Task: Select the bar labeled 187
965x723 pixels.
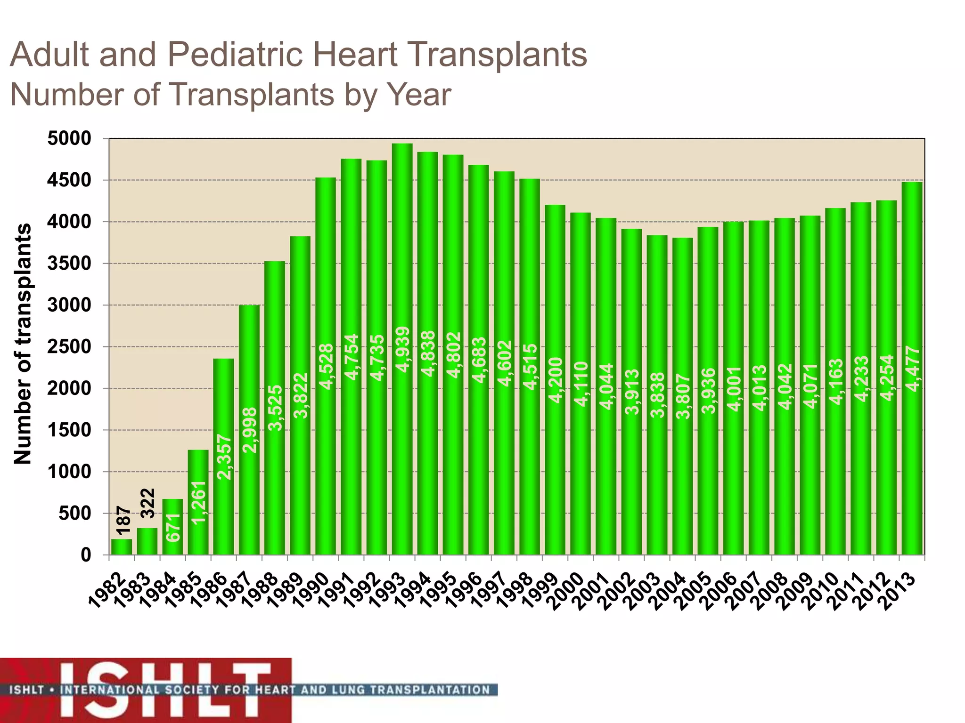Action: click(x=122, y=546)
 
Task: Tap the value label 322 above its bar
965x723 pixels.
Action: click(x=148, y=503)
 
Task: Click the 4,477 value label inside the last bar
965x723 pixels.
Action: click(x=912, y=369)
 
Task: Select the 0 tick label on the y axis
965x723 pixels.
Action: click(x=86, y=555)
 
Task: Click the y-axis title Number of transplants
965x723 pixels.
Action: click(x=23, y=344)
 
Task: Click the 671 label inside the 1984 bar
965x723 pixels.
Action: click(x=173, y=527)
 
